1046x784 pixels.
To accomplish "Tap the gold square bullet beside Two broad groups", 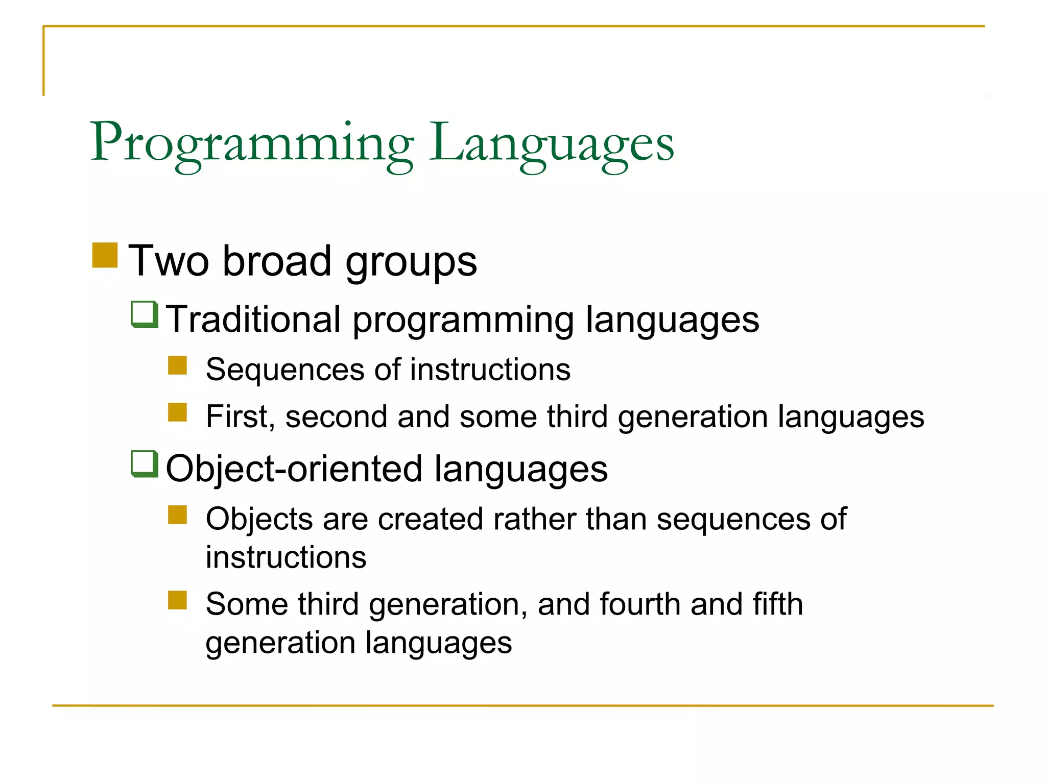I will point(105,255).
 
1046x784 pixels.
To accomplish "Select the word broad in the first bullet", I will point(277,261).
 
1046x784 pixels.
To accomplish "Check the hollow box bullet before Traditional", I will point(145,314).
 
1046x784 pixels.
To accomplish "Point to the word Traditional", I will point(253,320).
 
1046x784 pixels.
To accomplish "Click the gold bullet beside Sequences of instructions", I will point(177,365).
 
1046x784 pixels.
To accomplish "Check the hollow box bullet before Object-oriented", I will point(145,463).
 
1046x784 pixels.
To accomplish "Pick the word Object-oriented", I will point(294,469).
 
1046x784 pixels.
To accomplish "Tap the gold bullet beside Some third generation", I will point(177,600).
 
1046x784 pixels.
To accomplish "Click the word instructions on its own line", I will point(286,557).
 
